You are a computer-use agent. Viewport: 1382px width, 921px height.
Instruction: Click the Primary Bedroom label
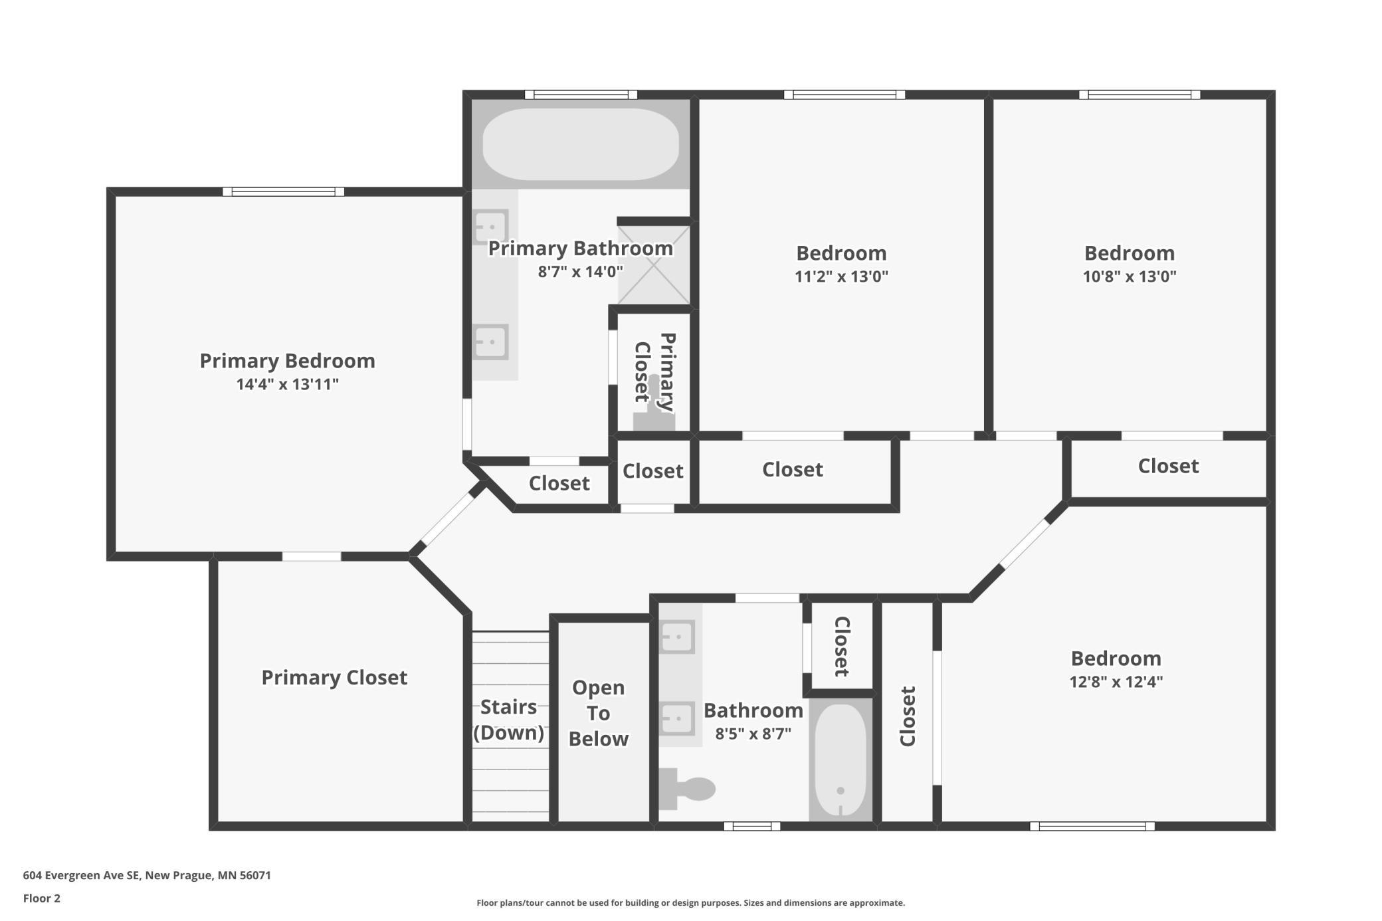(x=287, y=361)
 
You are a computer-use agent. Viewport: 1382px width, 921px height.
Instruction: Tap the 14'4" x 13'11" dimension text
(x=287, y=384)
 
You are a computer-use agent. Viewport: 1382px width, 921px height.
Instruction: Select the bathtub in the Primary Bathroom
(x=580, y=144)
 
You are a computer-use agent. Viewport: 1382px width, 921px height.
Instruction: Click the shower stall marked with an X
(x=654, y=264)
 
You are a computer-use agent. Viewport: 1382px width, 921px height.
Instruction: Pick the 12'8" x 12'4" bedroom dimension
(x=1116, y=682)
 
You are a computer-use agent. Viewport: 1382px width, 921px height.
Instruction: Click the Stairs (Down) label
(x=508, y=719)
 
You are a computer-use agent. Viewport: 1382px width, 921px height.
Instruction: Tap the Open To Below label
(x=598, y=713)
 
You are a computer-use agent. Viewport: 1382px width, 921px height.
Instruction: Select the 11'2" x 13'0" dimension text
(x=841, y=276)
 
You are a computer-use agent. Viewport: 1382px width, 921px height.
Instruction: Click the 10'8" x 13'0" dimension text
(x=1130, y=276)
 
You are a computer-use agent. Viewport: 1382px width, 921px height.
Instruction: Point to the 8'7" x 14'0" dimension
(x=580, y=272)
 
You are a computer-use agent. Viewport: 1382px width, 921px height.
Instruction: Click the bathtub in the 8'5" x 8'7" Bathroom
(x=840, y=760)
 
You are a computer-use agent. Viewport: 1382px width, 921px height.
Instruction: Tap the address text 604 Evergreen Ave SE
(x=82, y=875)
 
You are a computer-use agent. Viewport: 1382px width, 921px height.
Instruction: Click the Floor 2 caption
(x=41, y=898)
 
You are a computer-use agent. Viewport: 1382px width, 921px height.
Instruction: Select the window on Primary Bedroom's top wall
(x=283, y=191)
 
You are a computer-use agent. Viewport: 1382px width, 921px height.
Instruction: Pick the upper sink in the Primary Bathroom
(x=490, y=227)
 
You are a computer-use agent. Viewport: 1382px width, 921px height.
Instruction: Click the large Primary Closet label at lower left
(x=334, y=677)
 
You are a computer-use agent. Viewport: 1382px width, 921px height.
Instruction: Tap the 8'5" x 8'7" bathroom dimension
(x=753, y=734)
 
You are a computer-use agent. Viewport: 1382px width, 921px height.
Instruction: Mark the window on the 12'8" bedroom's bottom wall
(x=1092, y=826)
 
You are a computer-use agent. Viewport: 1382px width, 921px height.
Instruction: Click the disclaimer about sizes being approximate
(x=690, y=902)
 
